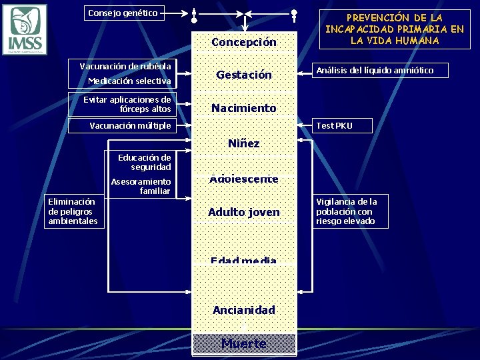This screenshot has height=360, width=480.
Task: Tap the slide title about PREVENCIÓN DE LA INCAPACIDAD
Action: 394,29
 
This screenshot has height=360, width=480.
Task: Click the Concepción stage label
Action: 243,43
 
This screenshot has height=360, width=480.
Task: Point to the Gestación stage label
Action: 243,75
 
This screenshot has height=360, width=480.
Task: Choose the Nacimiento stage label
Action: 243,108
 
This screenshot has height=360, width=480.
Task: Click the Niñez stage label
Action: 243,143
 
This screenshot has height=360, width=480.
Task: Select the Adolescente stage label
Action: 243,179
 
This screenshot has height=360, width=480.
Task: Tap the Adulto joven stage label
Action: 243,212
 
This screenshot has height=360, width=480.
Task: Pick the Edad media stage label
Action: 243,260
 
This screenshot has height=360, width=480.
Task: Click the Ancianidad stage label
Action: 243,310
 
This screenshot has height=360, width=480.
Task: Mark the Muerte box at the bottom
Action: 243,344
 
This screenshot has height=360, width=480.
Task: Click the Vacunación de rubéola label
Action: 125,66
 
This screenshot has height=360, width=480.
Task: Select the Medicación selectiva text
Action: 129,81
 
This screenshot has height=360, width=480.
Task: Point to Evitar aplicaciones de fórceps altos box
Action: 125,104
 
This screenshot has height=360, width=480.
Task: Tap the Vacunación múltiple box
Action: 130,125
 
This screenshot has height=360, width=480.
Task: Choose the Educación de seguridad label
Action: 144,162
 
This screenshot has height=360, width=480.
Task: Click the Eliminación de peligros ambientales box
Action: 73,211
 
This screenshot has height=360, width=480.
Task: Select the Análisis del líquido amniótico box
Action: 381,70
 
